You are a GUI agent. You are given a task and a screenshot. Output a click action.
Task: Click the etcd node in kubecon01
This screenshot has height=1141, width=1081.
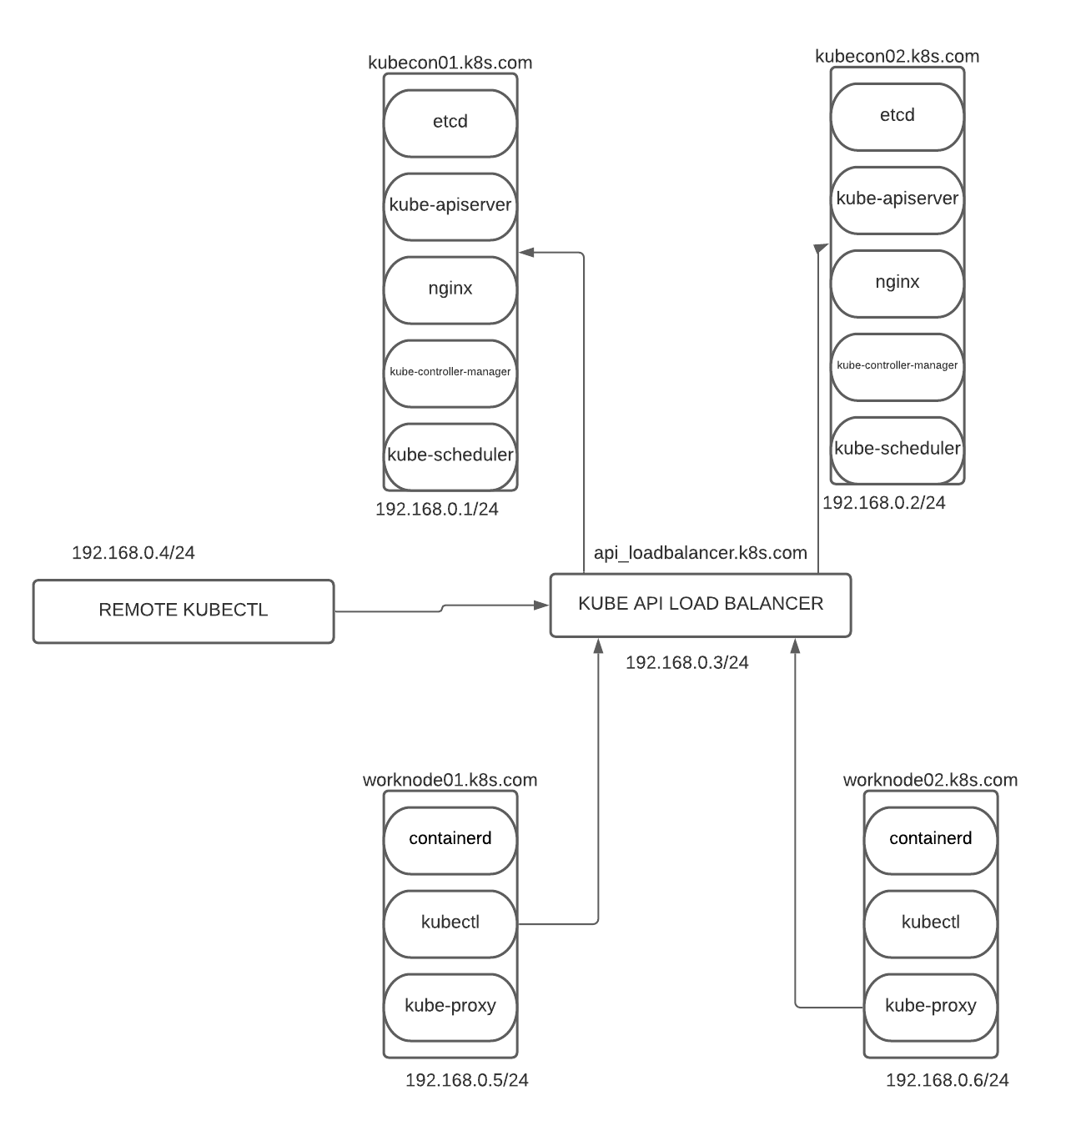point(450,123)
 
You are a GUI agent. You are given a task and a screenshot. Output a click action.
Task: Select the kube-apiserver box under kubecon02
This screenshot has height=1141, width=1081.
point(897,199)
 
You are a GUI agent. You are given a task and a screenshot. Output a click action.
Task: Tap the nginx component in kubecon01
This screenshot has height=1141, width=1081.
point(450,289)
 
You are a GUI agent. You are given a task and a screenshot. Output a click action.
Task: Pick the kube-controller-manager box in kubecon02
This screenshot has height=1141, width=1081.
point(897,366)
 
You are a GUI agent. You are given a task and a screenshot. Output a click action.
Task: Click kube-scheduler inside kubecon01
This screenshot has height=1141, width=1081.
point(450,456)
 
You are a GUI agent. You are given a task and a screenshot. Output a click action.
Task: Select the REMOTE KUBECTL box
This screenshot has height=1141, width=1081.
point(184,611)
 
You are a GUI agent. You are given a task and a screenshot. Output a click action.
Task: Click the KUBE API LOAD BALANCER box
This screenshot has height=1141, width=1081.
point(700,605)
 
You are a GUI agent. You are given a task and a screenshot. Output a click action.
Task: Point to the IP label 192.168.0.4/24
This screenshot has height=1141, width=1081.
point(133,552)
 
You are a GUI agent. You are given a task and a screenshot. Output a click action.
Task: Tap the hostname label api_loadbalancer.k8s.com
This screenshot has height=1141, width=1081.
point(700,552)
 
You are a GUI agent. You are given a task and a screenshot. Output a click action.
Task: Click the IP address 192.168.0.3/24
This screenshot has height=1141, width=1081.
point(686,662)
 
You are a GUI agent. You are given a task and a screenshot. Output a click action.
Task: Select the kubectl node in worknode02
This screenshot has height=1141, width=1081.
point(930,923)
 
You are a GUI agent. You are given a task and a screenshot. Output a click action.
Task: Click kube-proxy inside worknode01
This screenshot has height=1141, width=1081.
point(450,1007)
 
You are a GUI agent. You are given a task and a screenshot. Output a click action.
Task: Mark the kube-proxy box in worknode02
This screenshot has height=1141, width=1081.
point(930,1007)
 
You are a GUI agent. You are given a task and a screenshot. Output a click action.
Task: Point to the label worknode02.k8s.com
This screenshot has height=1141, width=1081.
point(930,780)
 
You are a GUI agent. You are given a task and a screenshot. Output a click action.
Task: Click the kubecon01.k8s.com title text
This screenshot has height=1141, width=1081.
point(450,63)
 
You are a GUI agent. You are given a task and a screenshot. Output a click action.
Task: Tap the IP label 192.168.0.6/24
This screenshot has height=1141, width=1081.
point(947,1080)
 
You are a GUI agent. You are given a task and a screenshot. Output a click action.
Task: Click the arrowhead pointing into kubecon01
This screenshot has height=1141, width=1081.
point(525,252)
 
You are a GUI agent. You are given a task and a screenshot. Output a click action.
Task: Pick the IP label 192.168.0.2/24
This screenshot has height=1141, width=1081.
point(884,502)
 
